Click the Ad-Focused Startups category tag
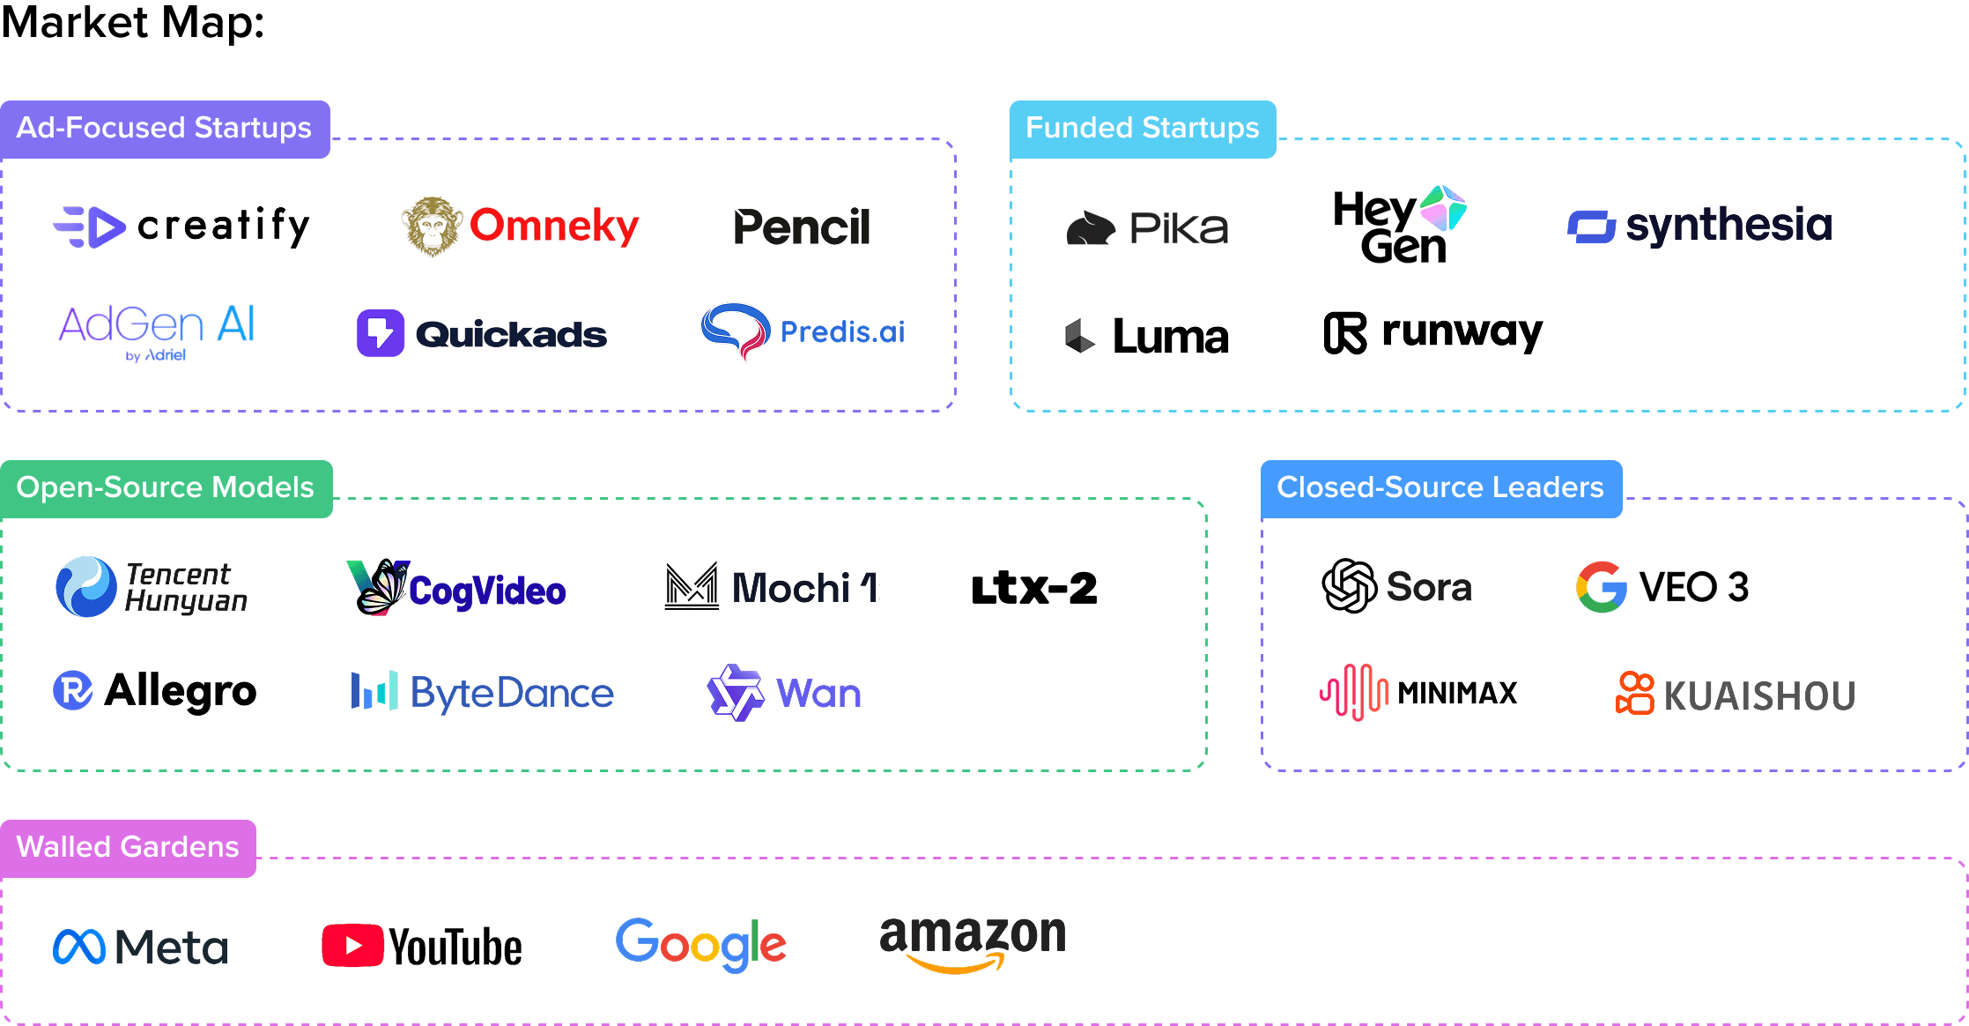165,129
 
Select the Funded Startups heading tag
1142,129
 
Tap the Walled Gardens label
128,848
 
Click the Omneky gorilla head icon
432,227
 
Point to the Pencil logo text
802,227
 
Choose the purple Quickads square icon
381,333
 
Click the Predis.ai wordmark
842,332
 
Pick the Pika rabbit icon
1091,228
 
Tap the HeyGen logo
1399,225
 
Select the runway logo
1433,333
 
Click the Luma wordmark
1170,337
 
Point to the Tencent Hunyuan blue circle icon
85,587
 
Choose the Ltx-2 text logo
1034,589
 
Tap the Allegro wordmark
180,691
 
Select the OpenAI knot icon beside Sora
1349,586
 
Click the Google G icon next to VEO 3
1601,587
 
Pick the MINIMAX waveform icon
1354,692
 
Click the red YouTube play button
352,946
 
